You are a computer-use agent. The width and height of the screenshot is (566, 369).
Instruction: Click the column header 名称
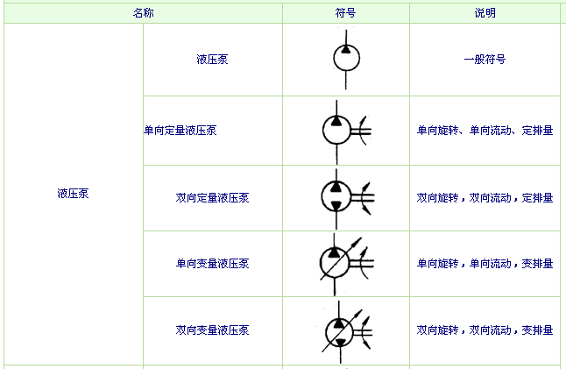144,13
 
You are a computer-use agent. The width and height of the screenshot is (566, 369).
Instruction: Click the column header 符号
345,13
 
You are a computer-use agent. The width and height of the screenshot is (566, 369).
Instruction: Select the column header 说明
485,13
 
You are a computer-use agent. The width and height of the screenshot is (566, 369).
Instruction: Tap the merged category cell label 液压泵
73,194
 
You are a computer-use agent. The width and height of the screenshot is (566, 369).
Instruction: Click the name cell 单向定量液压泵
180,131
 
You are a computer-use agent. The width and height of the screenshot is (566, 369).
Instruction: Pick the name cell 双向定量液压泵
212,198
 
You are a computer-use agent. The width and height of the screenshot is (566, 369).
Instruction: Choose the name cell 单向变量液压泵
212,264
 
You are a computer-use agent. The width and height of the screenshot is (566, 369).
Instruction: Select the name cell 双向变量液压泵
212,330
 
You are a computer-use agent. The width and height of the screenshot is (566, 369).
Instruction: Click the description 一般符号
485,60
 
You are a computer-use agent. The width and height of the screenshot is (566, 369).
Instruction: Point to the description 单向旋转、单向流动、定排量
485,131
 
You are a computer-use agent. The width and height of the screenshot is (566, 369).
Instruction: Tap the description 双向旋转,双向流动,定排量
485,198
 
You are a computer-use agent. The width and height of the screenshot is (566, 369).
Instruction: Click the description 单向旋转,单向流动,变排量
485,264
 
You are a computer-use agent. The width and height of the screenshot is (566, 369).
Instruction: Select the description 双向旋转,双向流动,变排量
485,330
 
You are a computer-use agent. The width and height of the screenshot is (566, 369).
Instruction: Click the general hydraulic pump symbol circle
346,58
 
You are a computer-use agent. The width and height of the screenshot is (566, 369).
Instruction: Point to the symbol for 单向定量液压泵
347,131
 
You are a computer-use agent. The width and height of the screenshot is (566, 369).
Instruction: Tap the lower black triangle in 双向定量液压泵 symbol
336,206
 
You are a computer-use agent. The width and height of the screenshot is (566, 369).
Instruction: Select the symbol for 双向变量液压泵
347,332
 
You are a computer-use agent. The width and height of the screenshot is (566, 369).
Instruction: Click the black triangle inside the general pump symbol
346,49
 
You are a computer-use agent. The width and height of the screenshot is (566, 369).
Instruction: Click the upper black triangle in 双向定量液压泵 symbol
336,187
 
